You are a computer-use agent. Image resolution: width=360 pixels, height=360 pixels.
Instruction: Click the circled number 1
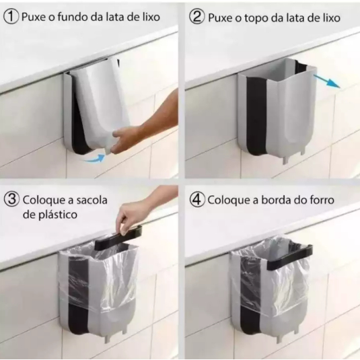11,17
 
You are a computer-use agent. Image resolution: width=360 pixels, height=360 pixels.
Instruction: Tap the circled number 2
196,17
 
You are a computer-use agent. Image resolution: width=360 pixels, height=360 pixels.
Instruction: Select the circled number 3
11,199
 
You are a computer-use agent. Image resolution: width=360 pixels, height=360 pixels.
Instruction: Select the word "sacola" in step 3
92,200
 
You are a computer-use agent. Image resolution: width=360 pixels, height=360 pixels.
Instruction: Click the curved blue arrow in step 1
94,158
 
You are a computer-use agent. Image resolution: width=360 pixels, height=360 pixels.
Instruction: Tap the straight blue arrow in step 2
326,81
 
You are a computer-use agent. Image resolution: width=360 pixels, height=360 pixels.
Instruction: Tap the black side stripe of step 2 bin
257,116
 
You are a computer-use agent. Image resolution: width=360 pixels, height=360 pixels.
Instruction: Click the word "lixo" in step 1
151,17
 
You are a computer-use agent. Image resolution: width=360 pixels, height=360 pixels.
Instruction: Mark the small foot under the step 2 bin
285,159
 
